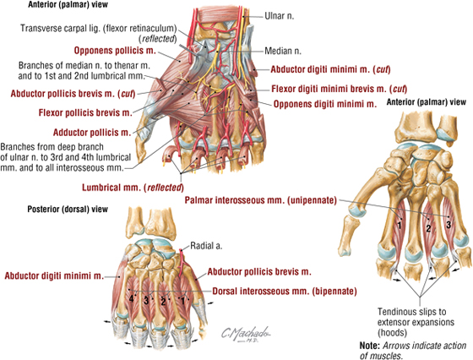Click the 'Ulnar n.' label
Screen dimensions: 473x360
point(279,16)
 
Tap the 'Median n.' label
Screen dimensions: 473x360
point(283,51)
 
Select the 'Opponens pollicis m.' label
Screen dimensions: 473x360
point(115,51)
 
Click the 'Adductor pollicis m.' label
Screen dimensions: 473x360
point(92,132)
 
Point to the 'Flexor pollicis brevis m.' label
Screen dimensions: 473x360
point(85,113)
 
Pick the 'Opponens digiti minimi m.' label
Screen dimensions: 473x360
point(325,104)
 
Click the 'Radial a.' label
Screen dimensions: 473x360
point(206,246)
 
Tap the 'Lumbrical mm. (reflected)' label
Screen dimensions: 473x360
point(133,188)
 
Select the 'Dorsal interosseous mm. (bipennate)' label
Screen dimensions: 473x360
point(285,292)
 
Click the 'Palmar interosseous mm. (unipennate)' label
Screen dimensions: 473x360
point(261,200)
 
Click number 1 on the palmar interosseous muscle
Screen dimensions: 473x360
point(400,225)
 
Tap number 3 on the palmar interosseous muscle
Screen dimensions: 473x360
point(449,225)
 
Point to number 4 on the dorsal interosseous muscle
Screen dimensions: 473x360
point(132,299)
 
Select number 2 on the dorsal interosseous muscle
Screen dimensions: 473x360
point(163,301)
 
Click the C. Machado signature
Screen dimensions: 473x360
point(246,334)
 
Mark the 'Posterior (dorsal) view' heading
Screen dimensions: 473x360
point(68,209)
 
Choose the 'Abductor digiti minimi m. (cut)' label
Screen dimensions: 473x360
point(330,69)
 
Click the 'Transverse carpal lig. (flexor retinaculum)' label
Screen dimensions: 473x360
point(98,33)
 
